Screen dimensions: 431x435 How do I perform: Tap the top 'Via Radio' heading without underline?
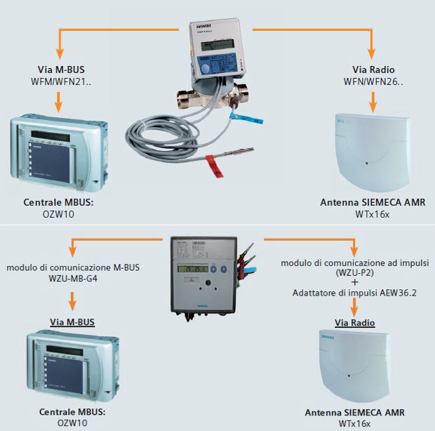click(x=373, y=69)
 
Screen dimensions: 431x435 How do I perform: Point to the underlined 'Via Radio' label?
click(x=354, y=323)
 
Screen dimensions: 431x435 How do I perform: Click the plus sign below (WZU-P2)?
click(x=354, y=283)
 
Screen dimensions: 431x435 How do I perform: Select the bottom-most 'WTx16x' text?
click(x=354, y=424)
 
